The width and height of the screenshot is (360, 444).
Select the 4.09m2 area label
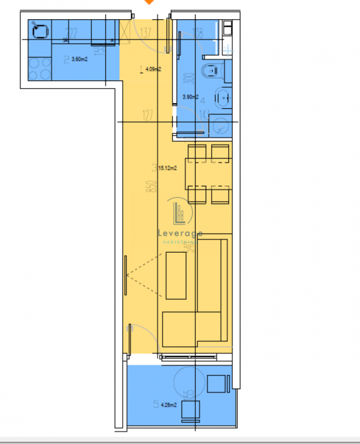(x=152, y=69)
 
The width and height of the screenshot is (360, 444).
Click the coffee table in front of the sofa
(x=176, y=275)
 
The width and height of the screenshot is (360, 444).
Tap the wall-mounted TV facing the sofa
(x=125, y=275)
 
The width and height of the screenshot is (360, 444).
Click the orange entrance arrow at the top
(x=149, y=2)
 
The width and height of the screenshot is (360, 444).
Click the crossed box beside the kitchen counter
(x=126, y=30)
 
